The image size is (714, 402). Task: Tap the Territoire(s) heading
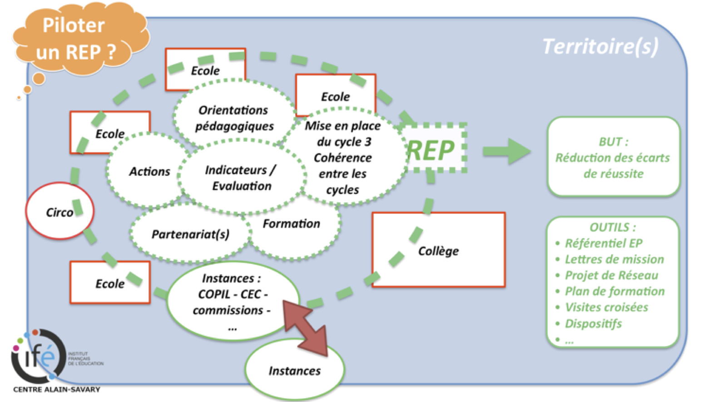coord(600,46)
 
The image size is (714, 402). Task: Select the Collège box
coord(438,250)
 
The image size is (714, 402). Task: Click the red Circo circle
coord(59,212)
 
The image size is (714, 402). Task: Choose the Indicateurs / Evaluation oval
coord(241,178)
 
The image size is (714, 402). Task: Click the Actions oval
coord(149,171)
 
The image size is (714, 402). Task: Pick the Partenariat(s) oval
coord(190,234)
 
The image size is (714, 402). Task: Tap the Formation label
coord(292,223)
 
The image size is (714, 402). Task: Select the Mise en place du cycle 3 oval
coord(343,157)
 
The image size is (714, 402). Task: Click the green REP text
coord(430,150)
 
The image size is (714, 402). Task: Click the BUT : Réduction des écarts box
coord(613,157)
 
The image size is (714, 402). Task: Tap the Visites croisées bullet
coord(606,308)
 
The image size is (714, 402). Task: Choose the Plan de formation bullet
coord(615,291)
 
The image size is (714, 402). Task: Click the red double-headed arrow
coord(305,327)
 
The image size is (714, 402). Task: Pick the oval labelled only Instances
coord(294,371)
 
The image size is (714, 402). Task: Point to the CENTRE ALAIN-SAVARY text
coord(57,389)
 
